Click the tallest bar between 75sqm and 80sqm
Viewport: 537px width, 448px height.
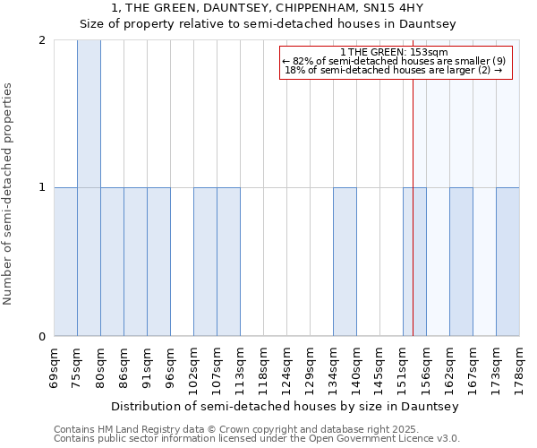pyautogui.click(x=89, y=188)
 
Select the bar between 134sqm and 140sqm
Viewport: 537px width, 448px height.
pyautogui.click(x=345, y=262)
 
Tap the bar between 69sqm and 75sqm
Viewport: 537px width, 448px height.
pyautogui.click(x=65, y=262)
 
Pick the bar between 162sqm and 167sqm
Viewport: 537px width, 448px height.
pyautogui.click(x=461, y=262)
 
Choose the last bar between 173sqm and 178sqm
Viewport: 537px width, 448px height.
pyautogui.click(x=507, y=262)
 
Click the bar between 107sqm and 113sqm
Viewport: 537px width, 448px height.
pyautogui.click(x=228, y=262)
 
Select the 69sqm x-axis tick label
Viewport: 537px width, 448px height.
pyautogui.click(x=54, y=366)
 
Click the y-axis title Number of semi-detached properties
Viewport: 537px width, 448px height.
pyautogui.click(x=9, y=194)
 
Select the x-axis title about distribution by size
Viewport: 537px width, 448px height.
pyautogui.click(x=286, y=407)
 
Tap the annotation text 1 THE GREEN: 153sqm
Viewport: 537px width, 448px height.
pyautogui.click(x=395, y=52)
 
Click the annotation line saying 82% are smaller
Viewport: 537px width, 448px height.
pyautogui.click(x=395, y=61)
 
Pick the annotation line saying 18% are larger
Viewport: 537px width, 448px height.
pyautogui.click(x=395, y=70)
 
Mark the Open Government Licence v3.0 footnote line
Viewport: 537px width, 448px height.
pyautogui.click(x=257, y=439)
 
